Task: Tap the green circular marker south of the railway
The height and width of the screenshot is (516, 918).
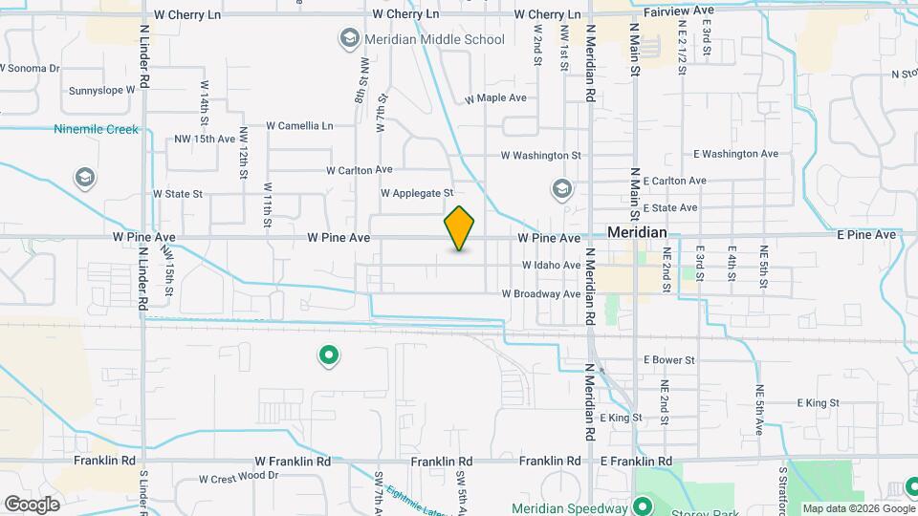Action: pyautogui.click(x=328, y=356)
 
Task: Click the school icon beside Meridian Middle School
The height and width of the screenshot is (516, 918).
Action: pyautogui.click(x=348, y=39)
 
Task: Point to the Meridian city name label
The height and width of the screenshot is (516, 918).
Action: pyautogui.click(x=637, y=233)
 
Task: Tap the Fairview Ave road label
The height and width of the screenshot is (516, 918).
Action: pyautogui.click(x=679, y=11)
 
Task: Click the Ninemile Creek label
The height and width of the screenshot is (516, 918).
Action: pyautogui.click(x=96, y=129)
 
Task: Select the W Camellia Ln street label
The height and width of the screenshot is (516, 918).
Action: pyautogui.click(x=299, y=125)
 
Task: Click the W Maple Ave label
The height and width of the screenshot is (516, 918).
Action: pyautogui.click(x=495, y=98)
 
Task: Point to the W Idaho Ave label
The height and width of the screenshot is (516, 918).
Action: pyautogui.click(x=551, y=265)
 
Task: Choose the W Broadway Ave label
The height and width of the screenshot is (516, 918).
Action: pyautogui.click(x=541, y=294)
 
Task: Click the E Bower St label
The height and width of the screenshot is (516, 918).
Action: pyautogui.click(x=668, y=359)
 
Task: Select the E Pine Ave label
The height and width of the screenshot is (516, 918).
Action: pyautogui.click(x=866, y=234)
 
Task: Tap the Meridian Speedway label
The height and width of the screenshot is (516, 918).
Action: pyautogui.click(x=571, y=508)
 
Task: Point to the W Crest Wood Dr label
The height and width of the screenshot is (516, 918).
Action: pyautogui.click(x=239, y=477)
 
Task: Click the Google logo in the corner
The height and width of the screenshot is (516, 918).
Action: pyautogui.click(x=32, y=505)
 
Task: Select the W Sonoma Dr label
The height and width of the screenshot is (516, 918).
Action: pyautogui.click(x=30, y=68)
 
